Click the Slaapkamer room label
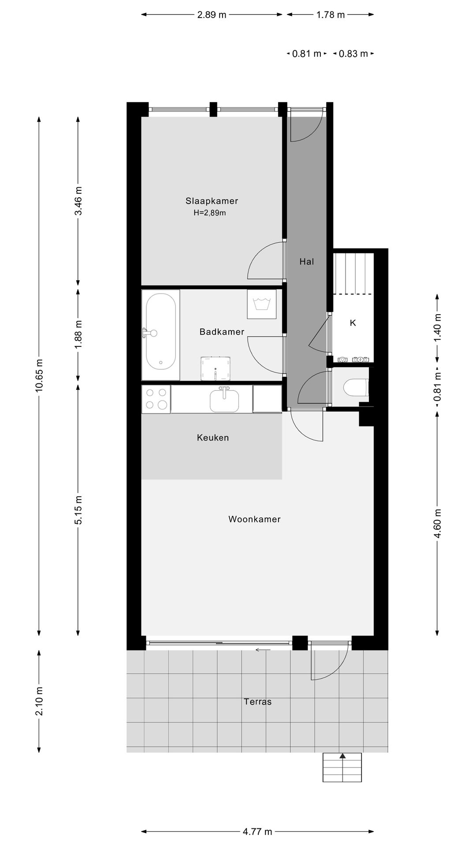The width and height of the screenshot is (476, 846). [212, 201]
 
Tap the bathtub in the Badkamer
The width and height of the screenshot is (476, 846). [161, 331]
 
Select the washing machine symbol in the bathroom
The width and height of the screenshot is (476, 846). [262, 304]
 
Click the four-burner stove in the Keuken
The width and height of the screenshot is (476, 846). [156, 399]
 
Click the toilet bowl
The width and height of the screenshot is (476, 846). [354, 388]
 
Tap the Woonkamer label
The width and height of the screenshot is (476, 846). [254, 519]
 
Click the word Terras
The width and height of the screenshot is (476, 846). [258, 701]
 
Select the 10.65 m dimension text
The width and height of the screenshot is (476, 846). [40, 375]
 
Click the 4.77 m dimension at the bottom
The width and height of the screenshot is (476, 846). [257, 831]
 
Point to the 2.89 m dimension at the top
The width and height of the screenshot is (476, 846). [212, 15]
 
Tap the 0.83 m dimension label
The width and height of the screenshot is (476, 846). [353, 54]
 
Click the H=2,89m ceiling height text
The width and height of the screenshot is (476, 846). [210, 213]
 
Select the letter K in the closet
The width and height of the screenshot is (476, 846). [353, 323]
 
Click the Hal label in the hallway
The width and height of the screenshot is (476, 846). [307, 261]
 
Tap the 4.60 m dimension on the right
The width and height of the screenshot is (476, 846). [437, 523]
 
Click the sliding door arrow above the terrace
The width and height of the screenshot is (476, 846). [263, 649]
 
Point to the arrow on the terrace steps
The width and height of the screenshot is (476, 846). [342, 756]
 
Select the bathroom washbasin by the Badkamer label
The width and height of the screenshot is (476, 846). [216, 368]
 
